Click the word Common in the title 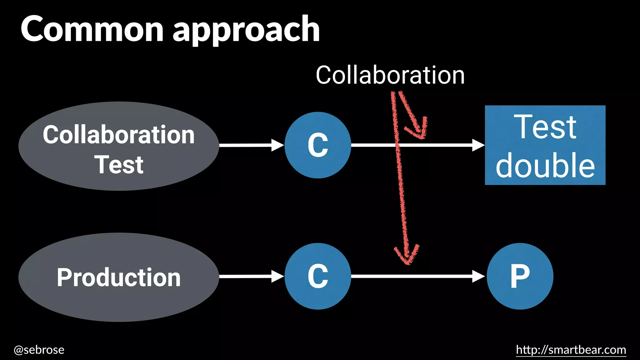tap(92, 30)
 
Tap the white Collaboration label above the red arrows tap(390, 75)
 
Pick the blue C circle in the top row tap(318, 145)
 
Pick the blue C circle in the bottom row tap(318, 276)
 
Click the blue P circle tap(520, 276)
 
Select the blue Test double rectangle tap(545, 145)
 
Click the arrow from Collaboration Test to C tap(247, 145)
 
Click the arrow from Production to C tap(247, 276)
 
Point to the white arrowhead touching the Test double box tap(478, 145)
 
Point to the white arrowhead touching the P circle tap(478, 276)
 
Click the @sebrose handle tap(39, 350)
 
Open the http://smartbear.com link tap(571, 350)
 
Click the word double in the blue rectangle tap(545, 166)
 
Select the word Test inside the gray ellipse tap(119, 165)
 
